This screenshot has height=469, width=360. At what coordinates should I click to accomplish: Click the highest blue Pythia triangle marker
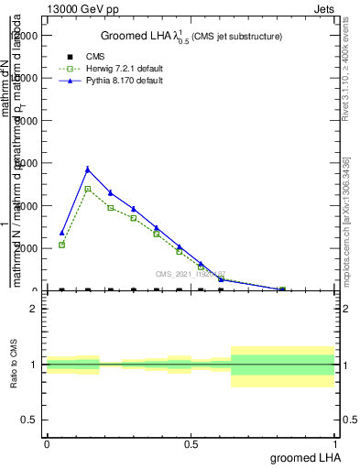tap(87, 169)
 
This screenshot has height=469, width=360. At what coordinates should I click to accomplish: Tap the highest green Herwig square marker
tap(87, 189)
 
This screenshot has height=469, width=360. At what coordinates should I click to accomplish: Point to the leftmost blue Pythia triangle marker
tap(61, 233)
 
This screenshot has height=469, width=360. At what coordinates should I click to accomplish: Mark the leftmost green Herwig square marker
tap(61, 245)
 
